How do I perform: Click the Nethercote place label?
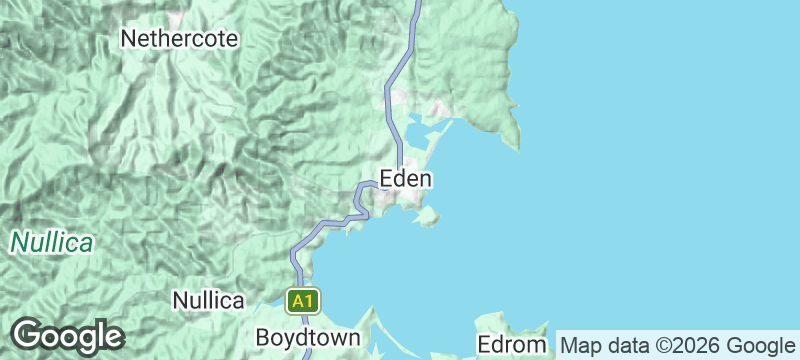pos(179,39)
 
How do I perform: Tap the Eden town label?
pos(406,179)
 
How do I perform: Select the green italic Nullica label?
pos(52,242)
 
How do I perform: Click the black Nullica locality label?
pos(208,300)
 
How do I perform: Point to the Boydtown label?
pos(307,337)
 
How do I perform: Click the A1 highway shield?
pos(304,300)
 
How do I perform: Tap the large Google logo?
pos(66,336)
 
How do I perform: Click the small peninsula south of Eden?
pos(429,215)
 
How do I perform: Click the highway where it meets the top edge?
pos(418,3)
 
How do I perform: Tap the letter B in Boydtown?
pos(262,337)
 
